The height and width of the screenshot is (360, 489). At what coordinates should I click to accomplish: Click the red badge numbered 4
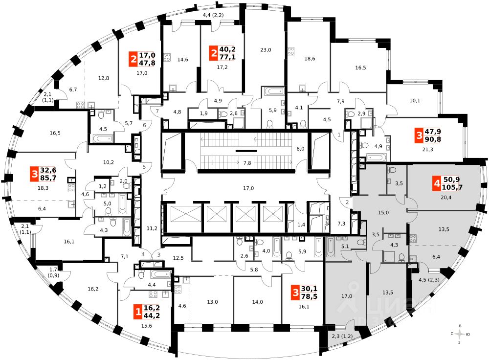[x=436, y=185]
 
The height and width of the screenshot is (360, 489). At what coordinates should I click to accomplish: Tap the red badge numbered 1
[x=138, y=310]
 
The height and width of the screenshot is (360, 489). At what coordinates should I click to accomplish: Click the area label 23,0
[x=266, y=49]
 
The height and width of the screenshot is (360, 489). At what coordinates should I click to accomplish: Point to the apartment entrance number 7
[x=158, y=112]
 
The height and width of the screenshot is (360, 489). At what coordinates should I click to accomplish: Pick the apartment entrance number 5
[x=144, y=167]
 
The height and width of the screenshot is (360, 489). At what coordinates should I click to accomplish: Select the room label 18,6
[x=310, y=59]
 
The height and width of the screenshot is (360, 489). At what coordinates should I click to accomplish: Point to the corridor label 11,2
[x=152, y=228]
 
